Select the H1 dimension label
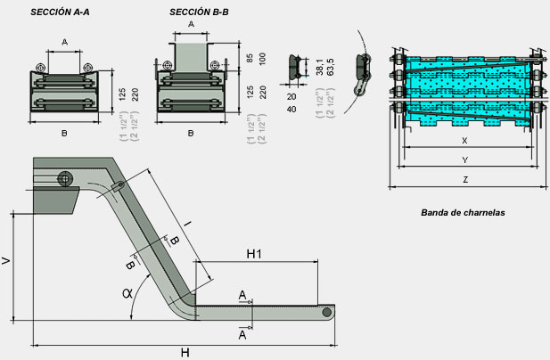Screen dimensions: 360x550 254,254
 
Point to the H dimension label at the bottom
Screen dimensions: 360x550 185,353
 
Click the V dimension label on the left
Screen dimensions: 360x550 7,262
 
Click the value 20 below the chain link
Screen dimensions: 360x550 292,96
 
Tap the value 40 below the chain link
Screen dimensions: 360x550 292,109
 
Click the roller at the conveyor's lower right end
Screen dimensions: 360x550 329,312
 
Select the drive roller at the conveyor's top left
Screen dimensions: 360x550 65,178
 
